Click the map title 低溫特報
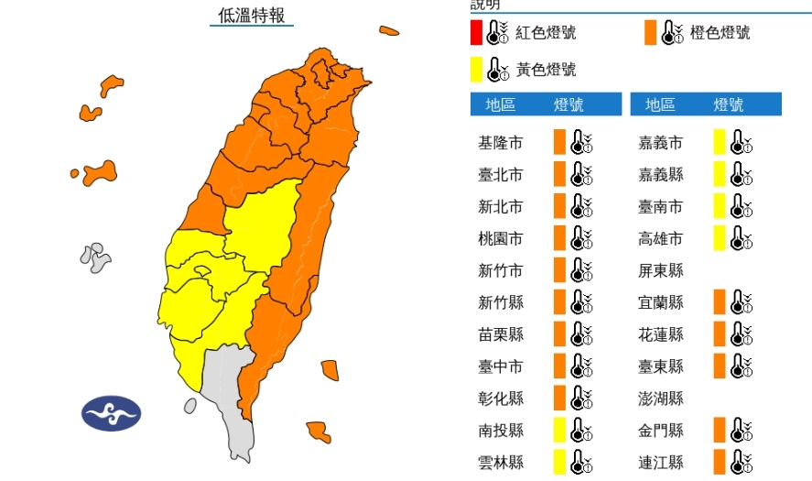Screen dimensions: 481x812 pyautogui.click(x=252, y=16)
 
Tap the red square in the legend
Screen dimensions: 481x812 pyautogui.click(x=476, y=34)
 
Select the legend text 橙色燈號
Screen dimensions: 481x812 pyautogui.click(x=720, y=33)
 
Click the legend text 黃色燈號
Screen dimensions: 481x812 pyautogui.click(x=547, y=70)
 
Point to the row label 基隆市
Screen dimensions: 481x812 pyautogui.click(x=501, y=143)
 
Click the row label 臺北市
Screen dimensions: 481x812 pyautogui.click(x=501, y=175)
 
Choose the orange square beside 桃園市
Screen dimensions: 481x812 pyautogui.click(x=559, y=238)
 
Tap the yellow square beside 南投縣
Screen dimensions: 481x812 pyautogui.click(x=559, y=430)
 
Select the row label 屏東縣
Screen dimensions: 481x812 pyautogui.click(x=661, y=270)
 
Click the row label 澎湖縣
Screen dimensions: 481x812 pyautogui.click(x=661, y=399)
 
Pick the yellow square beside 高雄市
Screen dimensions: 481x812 pyautogui.click(x=720, y=238)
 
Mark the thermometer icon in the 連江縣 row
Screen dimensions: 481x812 pyautogui.click(x=739, y=462)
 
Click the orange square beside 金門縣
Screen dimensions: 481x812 pyautogui.click(x=720, y=430)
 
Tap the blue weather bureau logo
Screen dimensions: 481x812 pyautogui.click(x=112, y=413)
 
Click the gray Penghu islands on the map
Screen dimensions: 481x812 pyautogui.click(x=95, y=257)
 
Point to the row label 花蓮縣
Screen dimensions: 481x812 pyautogui.click(x=661, y=334)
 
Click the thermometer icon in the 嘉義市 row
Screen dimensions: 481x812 pyautogui.click(x=739, y=143)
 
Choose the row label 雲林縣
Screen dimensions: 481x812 pyautogui.click(x=501, y=462)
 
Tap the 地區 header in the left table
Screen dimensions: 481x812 pyautogui.click(x=501, y=105)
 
